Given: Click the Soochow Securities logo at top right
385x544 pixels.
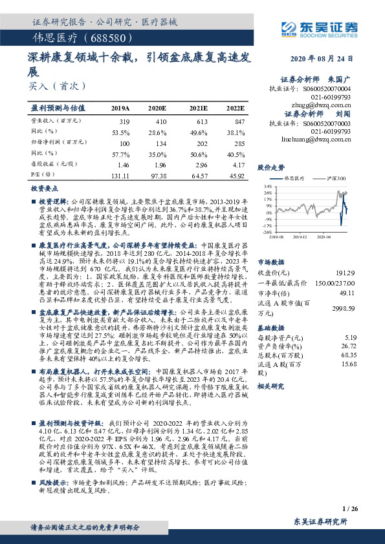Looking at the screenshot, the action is click(x=318, y=28).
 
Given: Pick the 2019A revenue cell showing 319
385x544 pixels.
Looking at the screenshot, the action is click(x=125, y=121).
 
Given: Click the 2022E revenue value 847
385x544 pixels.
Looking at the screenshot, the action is click(x=239, y=121).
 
